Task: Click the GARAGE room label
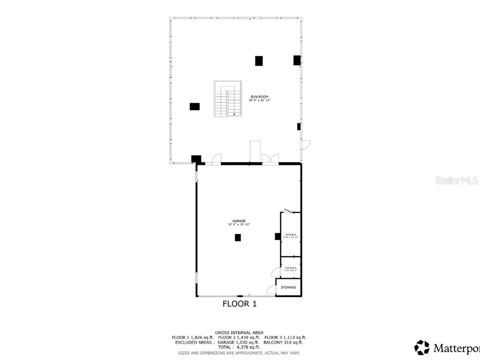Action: click(239, 221)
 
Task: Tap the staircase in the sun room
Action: click(228, 99)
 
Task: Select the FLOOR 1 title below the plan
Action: click(239, 304)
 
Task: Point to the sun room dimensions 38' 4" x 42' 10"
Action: click(259, 100)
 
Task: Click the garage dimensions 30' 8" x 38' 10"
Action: click(239, 225)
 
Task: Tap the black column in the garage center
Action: click(238, 238)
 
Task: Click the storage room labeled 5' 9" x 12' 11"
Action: click(291, 236)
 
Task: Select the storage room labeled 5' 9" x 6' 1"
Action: click(291, 269)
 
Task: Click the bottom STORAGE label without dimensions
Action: click(288, 287)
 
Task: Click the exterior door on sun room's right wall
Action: click(305, 145)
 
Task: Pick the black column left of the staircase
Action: click(195, 106)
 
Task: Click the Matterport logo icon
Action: click(422, 347)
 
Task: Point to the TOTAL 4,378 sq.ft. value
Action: click(239, 347)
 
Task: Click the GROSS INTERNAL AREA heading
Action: click(239, 332)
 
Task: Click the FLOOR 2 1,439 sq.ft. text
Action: click(239, 337)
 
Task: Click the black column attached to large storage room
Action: click(277, 237)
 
